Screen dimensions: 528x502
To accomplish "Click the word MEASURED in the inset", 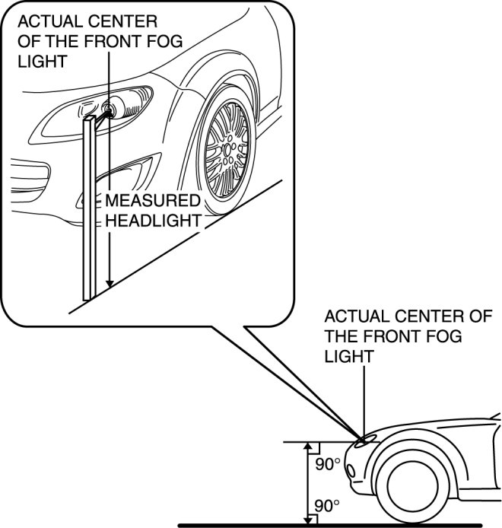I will pos(152,202).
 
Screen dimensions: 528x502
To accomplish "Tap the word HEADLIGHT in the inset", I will pos(153,220).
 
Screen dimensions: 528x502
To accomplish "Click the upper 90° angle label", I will pos(328,463).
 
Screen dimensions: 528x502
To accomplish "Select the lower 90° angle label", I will pos(328,505).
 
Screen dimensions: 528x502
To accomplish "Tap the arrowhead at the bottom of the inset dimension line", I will pos(110,283).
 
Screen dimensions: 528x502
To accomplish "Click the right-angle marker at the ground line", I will pos(311,519).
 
